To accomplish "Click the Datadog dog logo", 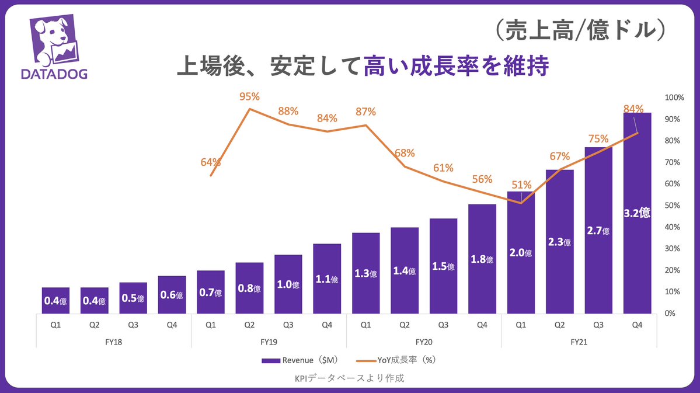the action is click(54, 41).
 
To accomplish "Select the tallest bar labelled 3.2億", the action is click(637, 213).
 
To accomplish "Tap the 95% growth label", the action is click(249, 96).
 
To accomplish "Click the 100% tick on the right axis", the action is click(674, 98).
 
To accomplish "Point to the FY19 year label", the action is click(269, 342).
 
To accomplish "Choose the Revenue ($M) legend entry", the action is click(299, 360).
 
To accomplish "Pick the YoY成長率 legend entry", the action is click(396, 360).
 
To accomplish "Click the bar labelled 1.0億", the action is click(288, 284).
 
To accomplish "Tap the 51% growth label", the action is click(521, 185).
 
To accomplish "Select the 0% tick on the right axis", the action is click(670, 314).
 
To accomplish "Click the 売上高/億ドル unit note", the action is click(581, 30).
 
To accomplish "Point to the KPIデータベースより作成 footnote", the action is click(350, 378).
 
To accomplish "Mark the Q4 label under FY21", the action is click(637, 325).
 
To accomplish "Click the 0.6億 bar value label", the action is click(172, 295).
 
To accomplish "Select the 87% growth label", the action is click(365, 112).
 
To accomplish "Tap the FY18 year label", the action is click(113, 342).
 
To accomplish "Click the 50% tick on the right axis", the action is click(673, 206).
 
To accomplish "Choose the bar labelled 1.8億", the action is click(482, 259).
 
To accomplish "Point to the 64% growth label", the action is click(211, 162).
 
